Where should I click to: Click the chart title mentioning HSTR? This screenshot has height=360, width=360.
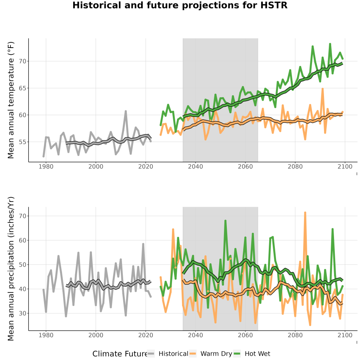[180, 5]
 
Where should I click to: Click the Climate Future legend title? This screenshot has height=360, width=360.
[120, 354]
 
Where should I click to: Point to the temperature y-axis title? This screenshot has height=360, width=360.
[11, 100]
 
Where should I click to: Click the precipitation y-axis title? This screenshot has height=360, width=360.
[11, 269]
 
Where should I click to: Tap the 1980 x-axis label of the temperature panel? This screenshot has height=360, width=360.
[46, 166]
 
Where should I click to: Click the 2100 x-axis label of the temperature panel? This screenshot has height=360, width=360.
[345, 166]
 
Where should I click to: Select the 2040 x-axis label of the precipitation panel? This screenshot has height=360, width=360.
[195, 335]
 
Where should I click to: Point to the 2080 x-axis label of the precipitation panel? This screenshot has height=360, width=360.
[295, 335]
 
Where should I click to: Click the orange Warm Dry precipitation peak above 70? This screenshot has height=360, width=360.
[305, 213]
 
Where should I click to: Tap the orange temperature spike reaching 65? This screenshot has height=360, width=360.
[322, 89]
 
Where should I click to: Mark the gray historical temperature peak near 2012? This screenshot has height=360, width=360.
[126, 111]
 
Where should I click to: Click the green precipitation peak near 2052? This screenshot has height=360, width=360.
[226, 221]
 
